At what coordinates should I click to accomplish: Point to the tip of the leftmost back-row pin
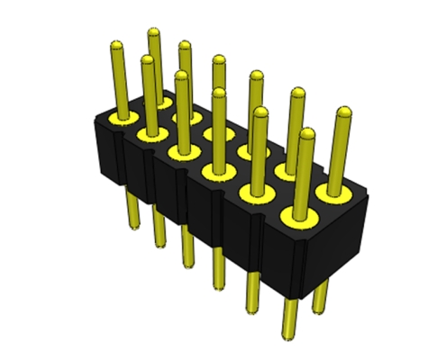pyautogui.click(x=154, y=34)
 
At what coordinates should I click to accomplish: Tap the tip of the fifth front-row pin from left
pyautogui.click(x=261, y=112)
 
